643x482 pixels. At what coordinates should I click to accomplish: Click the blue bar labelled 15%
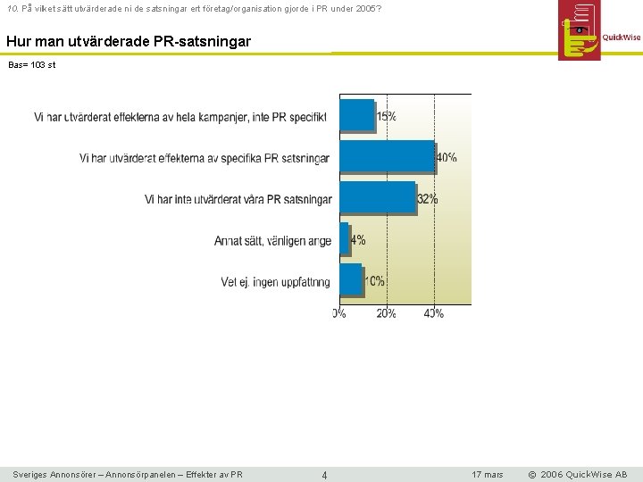356,115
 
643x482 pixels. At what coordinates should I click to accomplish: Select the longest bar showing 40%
387,156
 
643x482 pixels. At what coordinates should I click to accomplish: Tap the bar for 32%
378,197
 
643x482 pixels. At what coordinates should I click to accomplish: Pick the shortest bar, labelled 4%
344,238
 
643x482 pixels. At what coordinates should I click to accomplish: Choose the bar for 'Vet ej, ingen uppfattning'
351,279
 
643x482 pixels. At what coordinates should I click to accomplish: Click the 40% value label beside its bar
446,158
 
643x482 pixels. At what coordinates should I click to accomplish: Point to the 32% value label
427,199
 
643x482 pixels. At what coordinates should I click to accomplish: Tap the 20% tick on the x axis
386,313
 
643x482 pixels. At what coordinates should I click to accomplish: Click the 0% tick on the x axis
339,313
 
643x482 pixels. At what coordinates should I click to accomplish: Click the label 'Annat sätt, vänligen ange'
272,241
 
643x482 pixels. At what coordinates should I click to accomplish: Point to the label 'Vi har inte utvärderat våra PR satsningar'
238,200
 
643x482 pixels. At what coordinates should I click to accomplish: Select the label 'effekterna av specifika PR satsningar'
204,159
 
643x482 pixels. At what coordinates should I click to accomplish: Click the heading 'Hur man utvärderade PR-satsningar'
129,41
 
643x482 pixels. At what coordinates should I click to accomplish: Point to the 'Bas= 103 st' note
31,65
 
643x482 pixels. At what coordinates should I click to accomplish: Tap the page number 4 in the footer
324,475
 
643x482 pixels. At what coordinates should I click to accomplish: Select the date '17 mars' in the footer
488,475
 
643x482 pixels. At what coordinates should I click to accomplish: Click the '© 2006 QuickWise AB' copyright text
577,475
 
